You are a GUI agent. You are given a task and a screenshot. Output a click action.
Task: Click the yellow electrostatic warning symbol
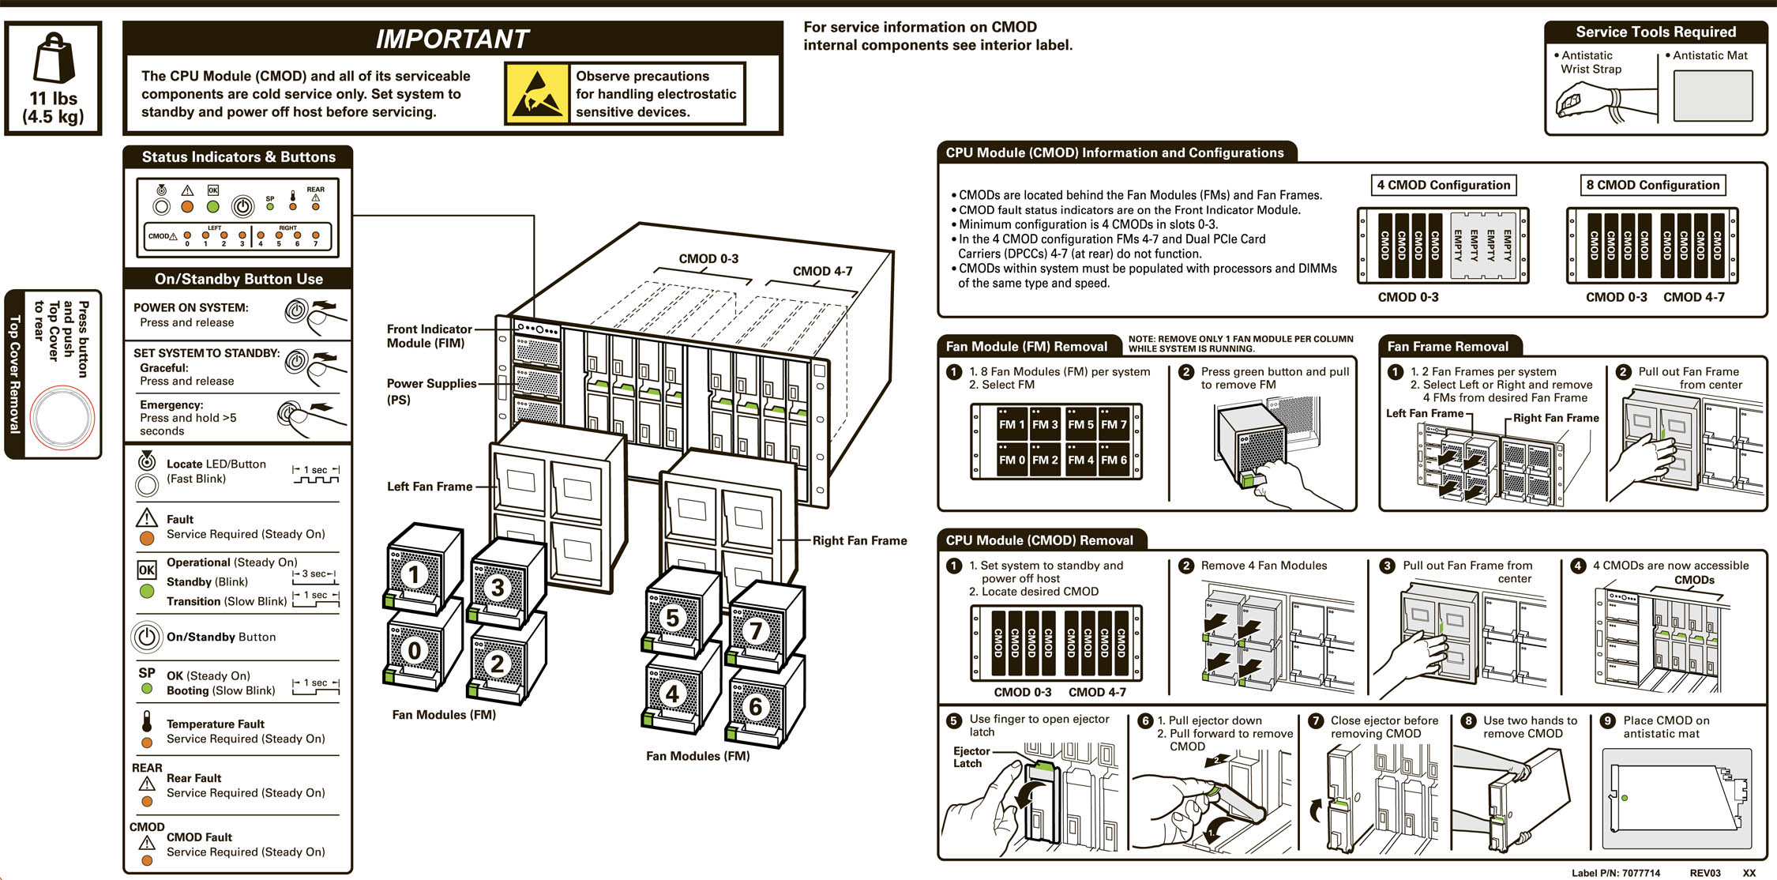(x=537, y=94)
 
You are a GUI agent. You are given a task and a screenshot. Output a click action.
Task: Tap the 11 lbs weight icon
(x=54, y=58)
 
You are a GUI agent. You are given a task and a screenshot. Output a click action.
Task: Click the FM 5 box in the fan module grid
(x=1080, y=424)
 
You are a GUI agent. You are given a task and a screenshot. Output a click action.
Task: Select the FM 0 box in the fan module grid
(x=1011, y=460)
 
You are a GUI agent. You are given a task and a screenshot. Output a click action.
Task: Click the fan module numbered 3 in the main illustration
(x=498, y=587)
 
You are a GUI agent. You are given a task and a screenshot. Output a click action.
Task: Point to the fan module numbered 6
(x=756, y=706)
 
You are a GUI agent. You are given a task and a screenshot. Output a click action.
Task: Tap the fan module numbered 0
(x=414, y=650)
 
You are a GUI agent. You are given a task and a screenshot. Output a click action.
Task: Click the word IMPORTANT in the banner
(x=452, y=39)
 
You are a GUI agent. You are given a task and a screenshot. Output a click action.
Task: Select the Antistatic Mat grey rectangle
(x=1712, y=96)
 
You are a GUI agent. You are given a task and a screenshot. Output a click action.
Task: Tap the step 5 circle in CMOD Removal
(x=954, y=720)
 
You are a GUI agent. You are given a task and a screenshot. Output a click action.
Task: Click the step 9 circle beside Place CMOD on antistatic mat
(x=1607, y=720)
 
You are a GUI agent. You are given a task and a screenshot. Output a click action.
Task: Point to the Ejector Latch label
(x=970, y=757)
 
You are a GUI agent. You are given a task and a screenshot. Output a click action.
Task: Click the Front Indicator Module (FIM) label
(x=428, y=336)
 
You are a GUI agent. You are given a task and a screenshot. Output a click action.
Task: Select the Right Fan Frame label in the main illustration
(x=859, y=540)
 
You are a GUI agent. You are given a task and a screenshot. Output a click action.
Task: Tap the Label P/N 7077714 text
(x=1615, y=873)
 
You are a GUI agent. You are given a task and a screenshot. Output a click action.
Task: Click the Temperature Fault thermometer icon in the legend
(x=147, y=721)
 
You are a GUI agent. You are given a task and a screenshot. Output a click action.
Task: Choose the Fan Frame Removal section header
(x=1447, y=346)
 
